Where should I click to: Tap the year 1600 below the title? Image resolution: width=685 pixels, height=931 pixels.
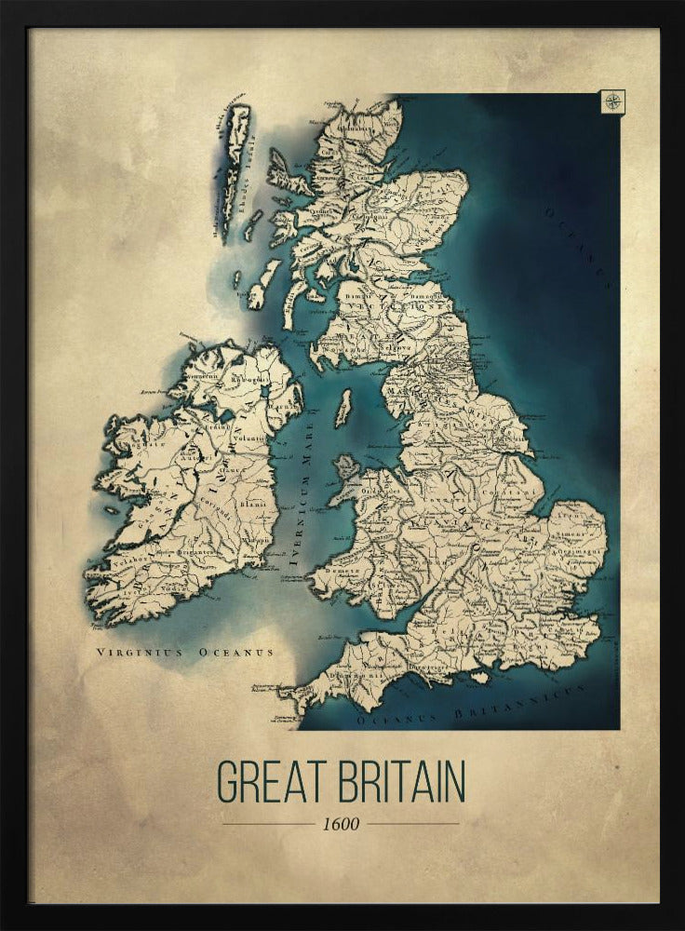[340, 824]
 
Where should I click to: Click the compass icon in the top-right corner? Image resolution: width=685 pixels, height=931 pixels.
[613, 101]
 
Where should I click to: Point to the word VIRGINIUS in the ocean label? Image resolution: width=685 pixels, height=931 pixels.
[140, 654]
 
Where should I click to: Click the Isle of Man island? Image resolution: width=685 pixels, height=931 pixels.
[343, 408]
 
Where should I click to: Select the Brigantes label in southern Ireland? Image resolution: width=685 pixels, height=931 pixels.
[198, 551]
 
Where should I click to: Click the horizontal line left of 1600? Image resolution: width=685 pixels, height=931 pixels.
[268, 824]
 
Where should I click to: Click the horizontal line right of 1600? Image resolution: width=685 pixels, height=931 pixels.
[412, 824]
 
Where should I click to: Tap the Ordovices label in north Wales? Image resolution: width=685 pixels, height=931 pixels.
[375, 492]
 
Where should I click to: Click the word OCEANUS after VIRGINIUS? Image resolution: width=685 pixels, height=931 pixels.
[235, 654]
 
